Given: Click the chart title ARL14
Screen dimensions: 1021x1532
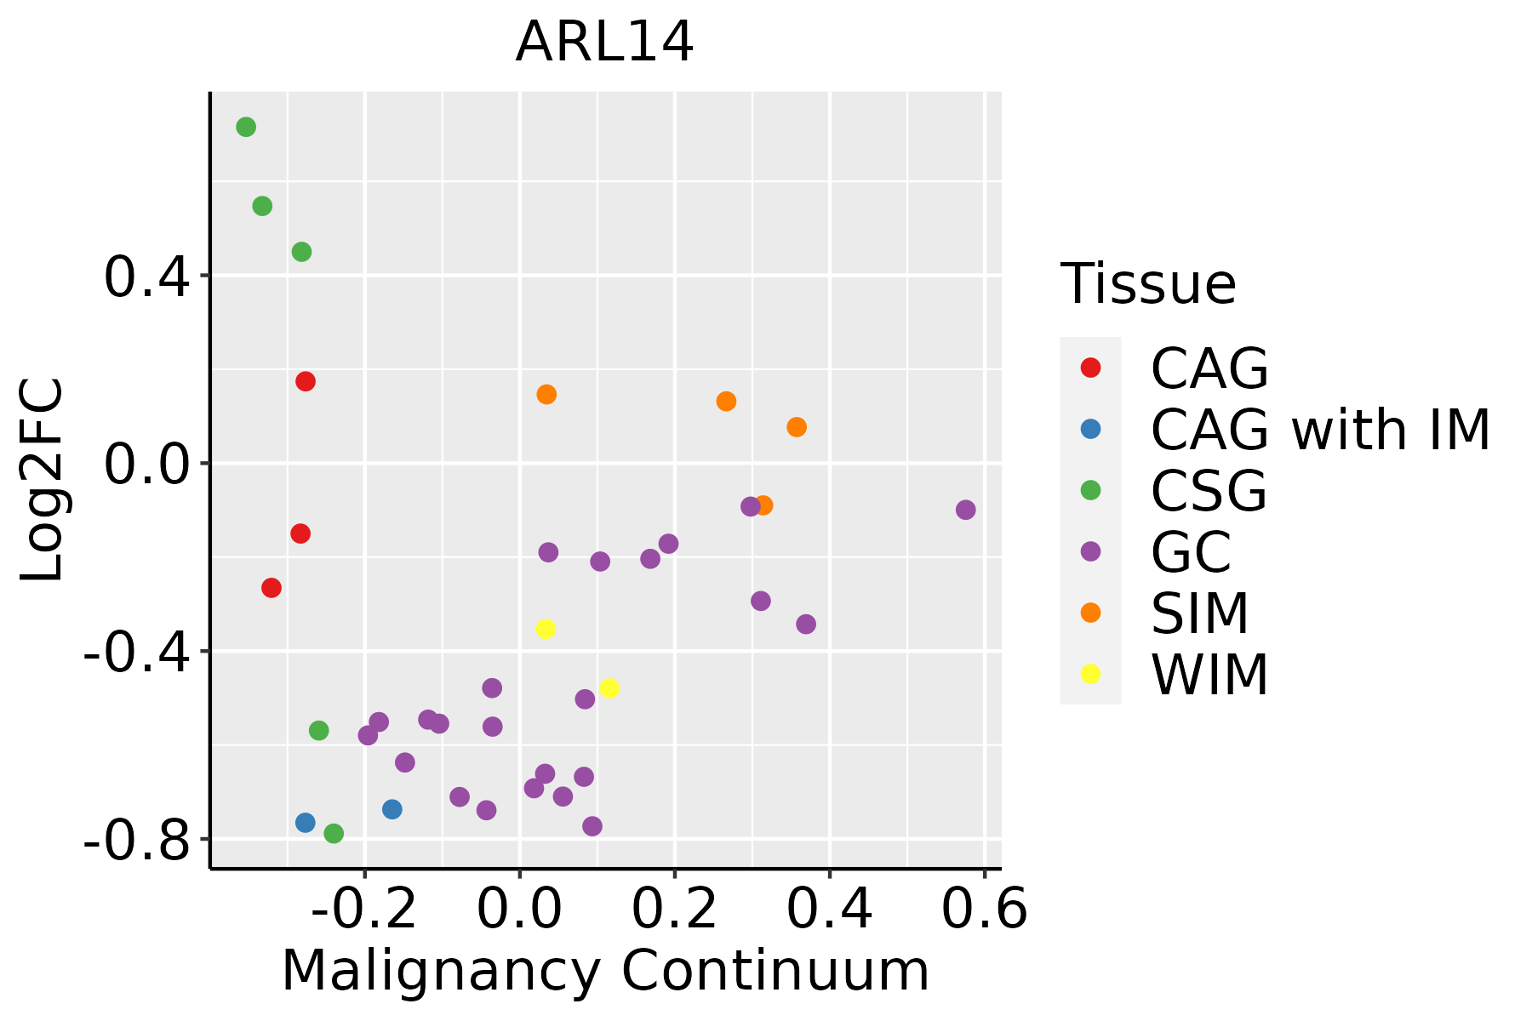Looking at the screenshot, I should coord(604,43).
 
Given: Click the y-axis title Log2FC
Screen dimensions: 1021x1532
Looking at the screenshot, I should coord(43,480).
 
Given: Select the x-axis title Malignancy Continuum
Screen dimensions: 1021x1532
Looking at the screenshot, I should coord(605,971).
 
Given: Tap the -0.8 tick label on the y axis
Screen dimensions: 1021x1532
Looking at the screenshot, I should coord(136,841).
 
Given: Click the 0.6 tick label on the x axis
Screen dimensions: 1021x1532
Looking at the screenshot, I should coord(985,910).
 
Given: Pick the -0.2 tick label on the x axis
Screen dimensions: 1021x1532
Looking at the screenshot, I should coord(363,910).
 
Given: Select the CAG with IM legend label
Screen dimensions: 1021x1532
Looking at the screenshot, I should coord(1320,430).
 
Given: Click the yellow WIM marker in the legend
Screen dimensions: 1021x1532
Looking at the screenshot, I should coord(1090,674).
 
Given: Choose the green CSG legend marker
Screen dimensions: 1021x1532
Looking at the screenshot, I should coord(1090,490).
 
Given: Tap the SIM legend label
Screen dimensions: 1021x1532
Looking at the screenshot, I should coord(1199,613).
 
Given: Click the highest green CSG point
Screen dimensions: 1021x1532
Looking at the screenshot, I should coord(246,128).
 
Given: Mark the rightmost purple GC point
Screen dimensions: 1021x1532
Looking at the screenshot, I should coord(965,510).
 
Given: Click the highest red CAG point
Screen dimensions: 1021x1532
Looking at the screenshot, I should coord(306,381).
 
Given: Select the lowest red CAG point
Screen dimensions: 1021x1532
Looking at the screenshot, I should coord(272,588).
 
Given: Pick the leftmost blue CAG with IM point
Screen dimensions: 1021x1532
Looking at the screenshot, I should coord(306,823).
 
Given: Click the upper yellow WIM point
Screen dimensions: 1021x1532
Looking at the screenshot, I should coord(546,629).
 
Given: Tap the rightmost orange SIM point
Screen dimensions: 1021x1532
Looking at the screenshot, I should coord(797,427).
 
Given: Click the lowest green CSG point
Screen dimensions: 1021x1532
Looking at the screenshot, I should coord(334,834).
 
